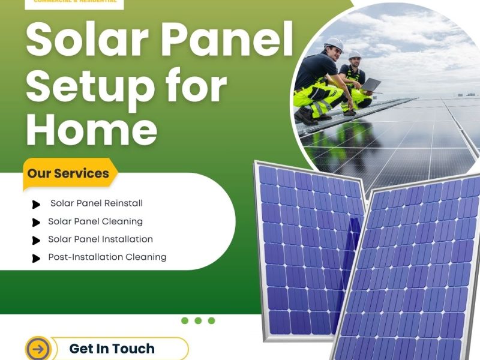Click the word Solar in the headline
81,40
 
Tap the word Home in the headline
91,130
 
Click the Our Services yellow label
68,174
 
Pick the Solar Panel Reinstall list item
97,203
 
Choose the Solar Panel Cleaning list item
95,221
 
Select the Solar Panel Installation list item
100,239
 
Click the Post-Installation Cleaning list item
107,257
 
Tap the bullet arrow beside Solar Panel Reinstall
37,205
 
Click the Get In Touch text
112,349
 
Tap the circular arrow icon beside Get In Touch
38,349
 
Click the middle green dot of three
198,320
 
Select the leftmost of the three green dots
185,320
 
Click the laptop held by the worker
371,85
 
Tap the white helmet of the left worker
334,44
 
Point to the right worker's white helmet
355,54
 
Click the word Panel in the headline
222,40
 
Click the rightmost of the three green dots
211,320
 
